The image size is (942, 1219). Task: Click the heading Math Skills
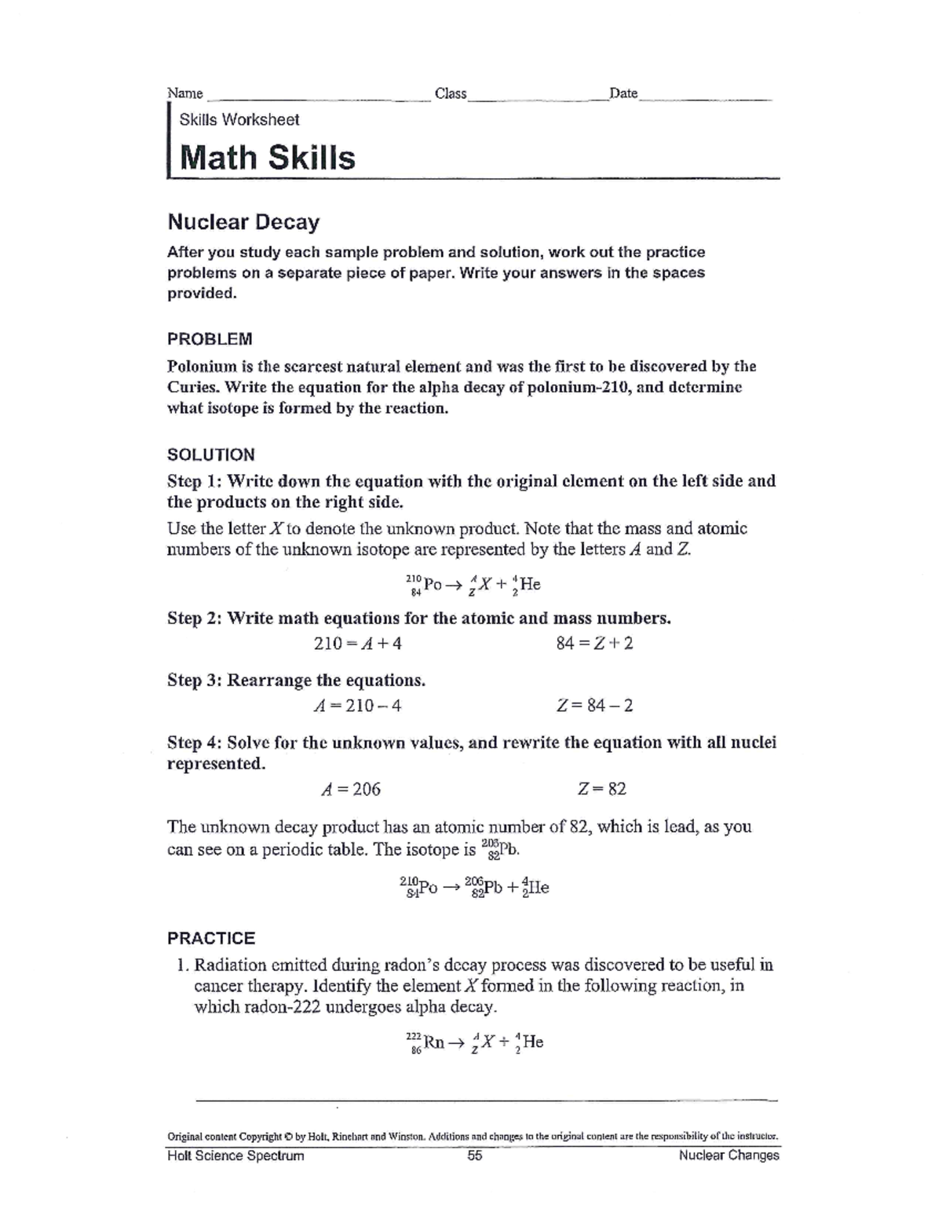click(268, 158)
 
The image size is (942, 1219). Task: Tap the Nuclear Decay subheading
click(243, 222)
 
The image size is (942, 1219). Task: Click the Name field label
click(185, 93)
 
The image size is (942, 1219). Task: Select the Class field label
click(451, 93)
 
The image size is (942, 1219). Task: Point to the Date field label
click(623, 93)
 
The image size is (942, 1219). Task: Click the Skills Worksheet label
click(239, 120)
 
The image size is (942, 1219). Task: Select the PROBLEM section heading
click(210, 339)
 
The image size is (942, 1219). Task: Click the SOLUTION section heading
click(211, 454)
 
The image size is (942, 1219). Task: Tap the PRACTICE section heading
click(211, 938)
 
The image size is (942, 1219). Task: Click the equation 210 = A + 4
click(358, 644)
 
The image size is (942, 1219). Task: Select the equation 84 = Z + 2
click(594, 644)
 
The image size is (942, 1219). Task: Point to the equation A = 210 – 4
click(357, 706)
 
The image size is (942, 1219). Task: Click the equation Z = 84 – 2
click(594, 706)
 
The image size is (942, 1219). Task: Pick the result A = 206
click(351, 789)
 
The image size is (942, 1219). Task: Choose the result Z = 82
click(601, 789)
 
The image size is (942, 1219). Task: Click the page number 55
click(475, 1155)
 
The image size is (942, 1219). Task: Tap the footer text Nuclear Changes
click(728, 1155)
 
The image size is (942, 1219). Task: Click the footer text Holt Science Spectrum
click(235, 1155)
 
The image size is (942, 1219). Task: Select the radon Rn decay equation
click(474, 1043)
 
